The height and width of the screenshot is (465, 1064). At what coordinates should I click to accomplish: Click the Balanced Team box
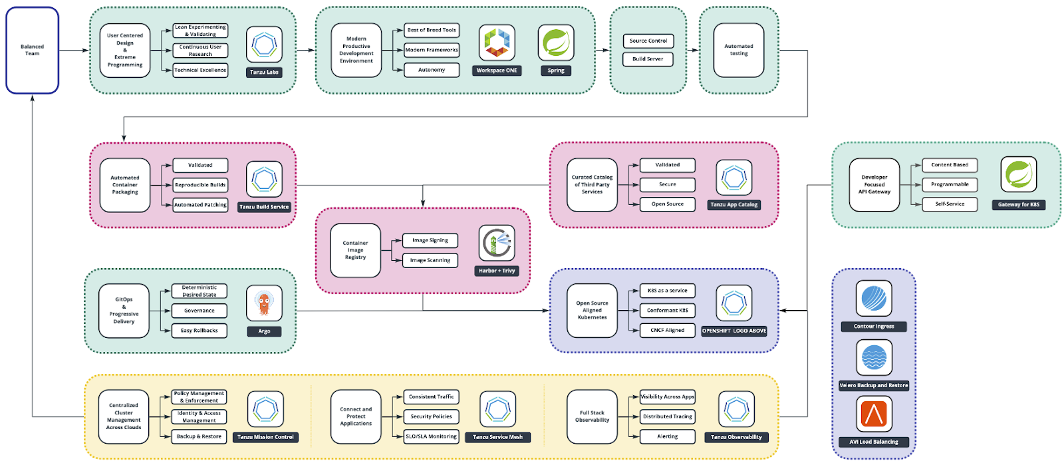coord(32,50)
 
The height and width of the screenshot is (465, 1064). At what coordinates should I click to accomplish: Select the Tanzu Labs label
coord(264,72)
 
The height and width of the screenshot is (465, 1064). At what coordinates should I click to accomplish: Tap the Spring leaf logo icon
coord(556,43)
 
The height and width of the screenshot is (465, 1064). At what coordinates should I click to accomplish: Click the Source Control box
coord(648,41)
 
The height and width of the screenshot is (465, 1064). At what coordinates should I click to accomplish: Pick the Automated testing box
coord(739,50)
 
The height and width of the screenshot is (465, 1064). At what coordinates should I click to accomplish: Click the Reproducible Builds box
coord(200,185)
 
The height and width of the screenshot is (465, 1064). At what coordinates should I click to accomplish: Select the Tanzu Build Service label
coord(264,207)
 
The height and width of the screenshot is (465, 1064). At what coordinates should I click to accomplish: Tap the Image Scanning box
coord(430,260)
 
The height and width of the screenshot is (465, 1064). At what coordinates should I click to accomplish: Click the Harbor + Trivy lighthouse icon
coord(497,243)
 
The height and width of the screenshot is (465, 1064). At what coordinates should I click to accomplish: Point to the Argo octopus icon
coord(264,303)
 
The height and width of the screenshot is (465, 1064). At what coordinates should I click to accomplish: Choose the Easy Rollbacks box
coord(199,331)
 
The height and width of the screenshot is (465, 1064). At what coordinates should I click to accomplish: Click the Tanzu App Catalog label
coord(734,205)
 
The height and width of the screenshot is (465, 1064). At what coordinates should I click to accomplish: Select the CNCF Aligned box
coord(668,330)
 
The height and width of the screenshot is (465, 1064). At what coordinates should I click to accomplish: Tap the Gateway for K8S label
coord(1018,205)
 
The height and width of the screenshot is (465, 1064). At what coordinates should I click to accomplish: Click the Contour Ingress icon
coord(874,298)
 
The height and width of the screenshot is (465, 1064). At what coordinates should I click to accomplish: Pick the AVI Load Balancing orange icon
coord(874,414)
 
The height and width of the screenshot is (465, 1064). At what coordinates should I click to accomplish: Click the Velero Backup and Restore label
coord(874,385)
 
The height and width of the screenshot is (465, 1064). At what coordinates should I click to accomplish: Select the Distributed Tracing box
coord(668,416)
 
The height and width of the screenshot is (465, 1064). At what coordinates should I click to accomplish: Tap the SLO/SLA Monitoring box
coord(432,436)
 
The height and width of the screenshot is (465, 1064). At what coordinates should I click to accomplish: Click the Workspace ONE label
coord(497,71)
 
